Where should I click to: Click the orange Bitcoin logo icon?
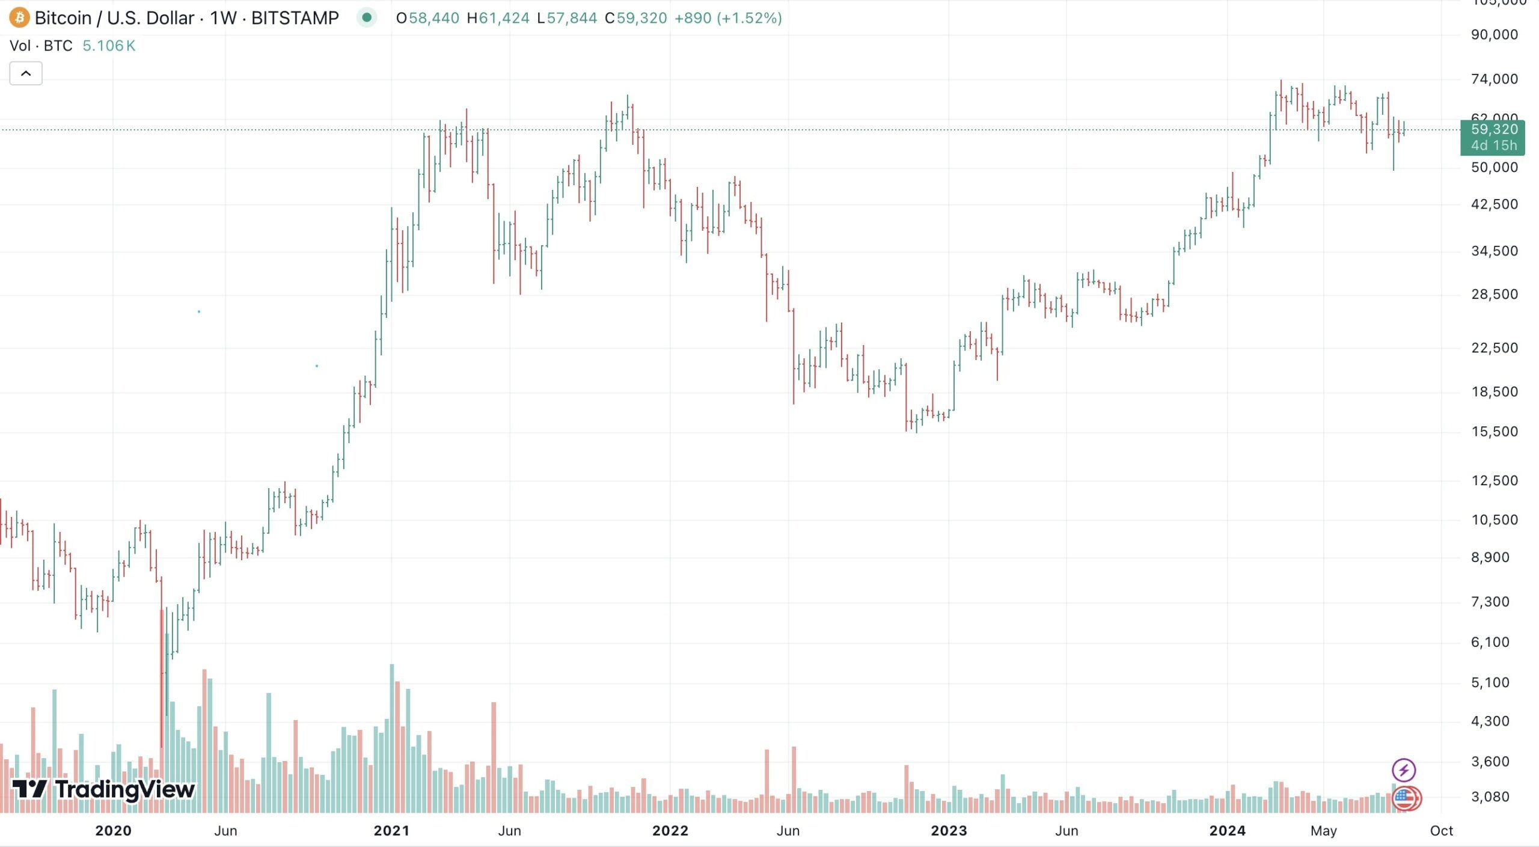[x=19, y=18]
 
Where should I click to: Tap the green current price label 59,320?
[x=1493, y=130]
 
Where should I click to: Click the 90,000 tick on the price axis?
[x=1494, y=35]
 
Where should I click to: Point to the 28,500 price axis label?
[x=1494, y=295]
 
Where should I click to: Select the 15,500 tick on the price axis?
[x=1494, y=432]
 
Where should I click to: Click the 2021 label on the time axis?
[x=391, y=831]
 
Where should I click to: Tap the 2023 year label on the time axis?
[x=949, y=831]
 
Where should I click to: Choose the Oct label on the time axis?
[x=1442, y=831]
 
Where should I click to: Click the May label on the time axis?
[x=1323, y=831]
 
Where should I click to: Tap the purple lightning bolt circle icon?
[x=1404, y=770]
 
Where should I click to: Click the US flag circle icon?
[x=1405, y=799]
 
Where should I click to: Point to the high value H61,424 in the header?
[x=498, y=18]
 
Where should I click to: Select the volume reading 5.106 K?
[x=109, y=46]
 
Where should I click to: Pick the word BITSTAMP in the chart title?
[x=295, y=18]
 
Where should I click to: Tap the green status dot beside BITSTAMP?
[x=367, y=17]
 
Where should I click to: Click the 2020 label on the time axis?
[x=113, y=831]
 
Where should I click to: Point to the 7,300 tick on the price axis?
[x=1490, y=602]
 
